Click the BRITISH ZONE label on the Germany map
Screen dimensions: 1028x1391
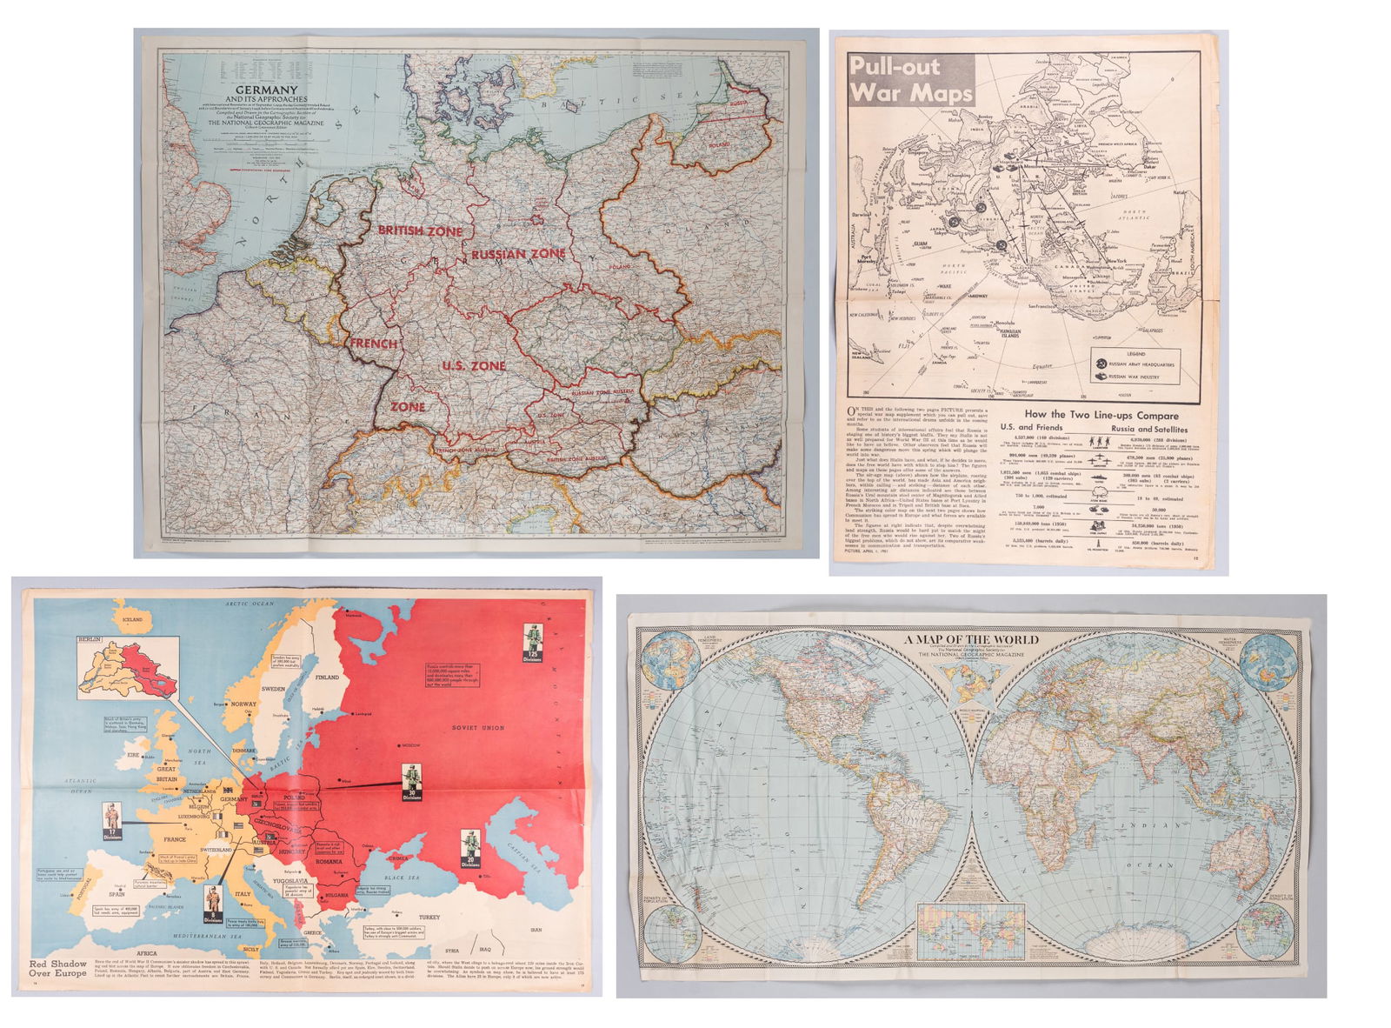(x=420, y=230)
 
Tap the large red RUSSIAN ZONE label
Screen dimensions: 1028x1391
(x=518, y=253)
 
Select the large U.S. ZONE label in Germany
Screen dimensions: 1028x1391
(x=473, y=366)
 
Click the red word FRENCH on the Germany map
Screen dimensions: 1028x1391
(x=374, y=344)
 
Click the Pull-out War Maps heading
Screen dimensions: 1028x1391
(x=908, y=79)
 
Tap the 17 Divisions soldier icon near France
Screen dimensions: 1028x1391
(x=111, y=821)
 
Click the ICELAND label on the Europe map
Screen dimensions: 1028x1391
(x=132, y=619)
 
